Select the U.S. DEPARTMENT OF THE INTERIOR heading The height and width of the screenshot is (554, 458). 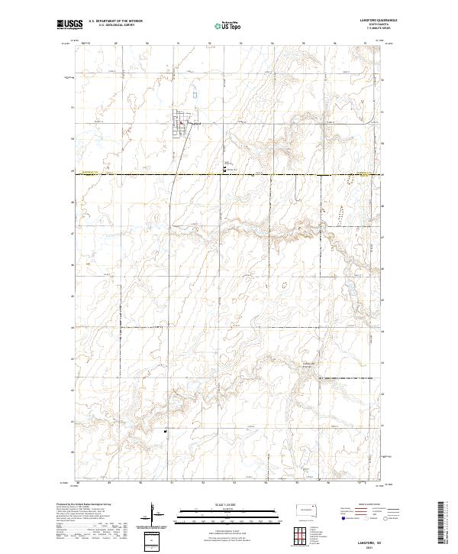114,21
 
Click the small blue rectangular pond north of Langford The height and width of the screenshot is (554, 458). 194,96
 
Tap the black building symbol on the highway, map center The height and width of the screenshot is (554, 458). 224,166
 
